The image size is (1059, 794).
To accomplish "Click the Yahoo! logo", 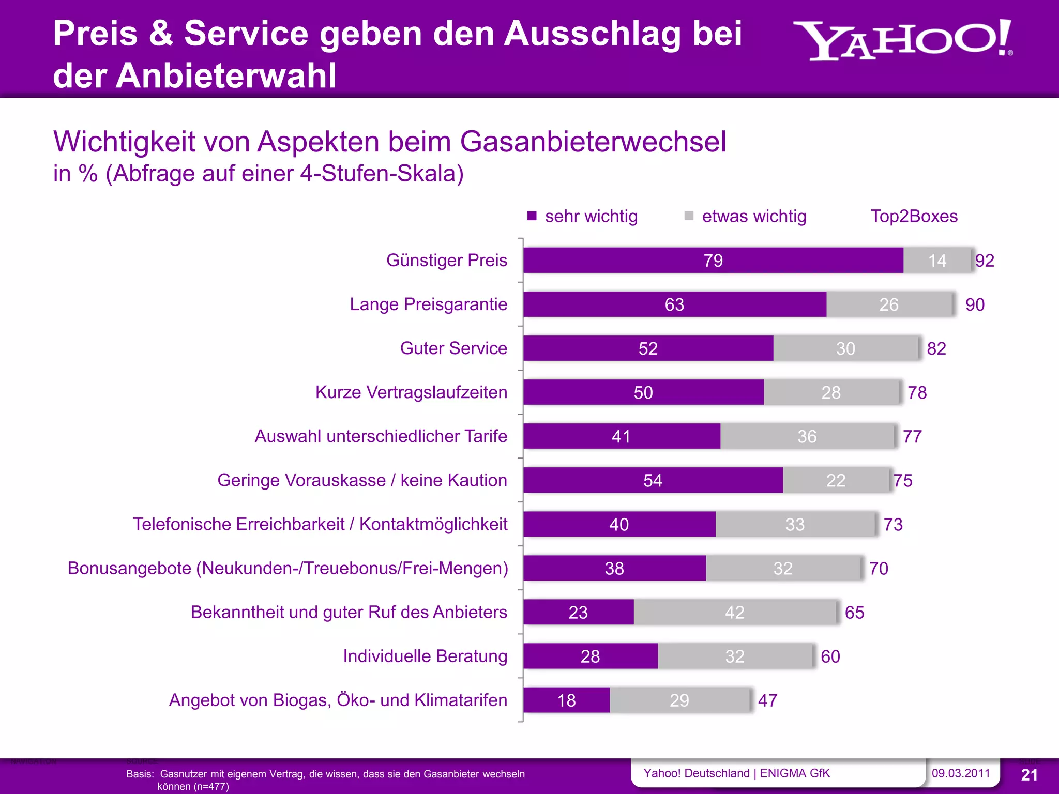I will click(902, 41).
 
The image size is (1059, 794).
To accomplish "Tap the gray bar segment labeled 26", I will click(889, 304).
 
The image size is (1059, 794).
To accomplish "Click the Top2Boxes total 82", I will click(936, 348).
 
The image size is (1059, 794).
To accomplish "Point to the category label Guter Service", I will click(453, 348).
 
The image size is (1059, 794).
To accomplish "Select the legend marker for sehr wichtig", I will click(532, 216).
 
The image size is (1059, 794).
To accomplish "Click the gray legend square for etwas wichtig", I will click(689, 216).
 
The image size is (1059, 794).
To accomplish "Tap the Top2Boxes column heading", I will click(914, 216).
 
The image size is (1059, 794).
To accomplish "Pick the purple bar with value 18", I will click(566, 700).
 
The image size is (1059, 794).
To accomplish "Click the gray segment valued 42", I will click(734, 612).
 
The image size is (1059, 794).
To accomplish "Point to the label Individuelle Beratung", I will click(425, 656).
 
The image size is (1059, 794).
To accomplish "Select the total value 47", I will click(767, 700).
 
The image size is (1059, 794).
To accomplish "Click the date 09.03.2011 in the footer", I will click(960, 773).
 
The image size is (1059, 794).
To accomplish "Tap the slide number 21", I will click(1029, 775).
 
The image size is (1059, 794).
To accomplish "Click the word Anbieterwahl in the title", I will click(225, 76).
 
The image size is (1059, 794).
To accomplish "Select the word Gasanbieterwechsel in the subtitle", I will click(593, 142).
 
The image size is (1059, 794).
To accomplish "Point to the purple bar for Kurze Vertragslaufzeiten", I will click(643, 392).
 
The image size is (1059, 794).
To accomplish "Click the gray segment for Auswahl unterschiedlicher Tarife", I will click(807, 436).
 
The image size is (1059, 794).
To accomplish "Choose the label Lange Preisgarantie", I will click(428, 304).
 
